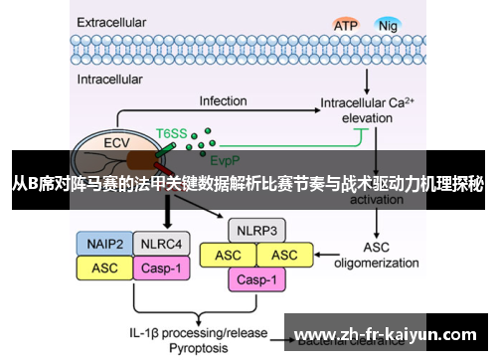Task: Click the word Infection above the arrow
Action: tap(223, 100)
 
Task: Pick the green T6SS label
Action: tap(171, 132)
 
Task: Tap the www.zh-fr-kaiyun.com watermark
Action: tap(388, 333)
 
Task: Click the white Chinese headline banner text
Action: tap(248, 183)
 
